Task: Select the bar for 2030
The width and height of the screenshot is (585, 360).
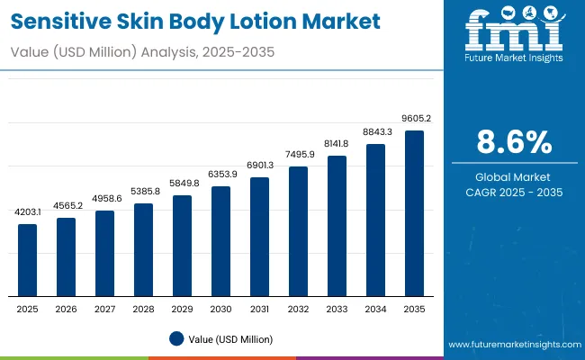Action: [x=220, y=241]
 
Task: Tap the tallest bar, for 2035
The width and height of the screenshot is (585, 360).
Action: [x=414, y=213]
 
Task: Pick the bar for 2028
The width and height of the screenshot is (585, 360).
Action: [x=144, y=250]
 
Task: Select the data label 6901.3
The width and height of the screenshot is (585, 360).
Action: [x=260, y=166]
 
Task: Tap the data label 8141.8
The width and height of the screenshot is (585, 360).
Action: [x=337, y=144]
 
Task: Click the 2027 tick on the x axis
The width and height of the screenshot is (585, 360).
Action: [x=105, y=310]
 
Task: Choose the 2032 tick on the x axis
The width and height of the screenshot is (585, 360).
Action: [x=298, y=310]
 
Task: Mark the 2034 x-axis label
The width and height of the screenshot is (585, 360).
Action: [x=375, y=310]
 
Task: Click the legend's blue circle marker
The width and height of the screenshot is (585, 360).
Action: [x=176, y=338]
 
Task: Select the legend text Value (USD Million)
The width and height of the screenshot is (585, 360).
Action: [x=230, y=338]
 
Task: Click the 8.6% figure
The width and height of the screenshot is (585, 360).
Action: [x=513, y=143]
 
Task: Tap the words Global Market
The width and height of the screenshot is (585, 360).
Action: [x=513, y=176]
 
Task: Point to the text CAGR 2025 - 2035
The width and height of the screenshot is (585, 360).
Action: [x=513, y=192]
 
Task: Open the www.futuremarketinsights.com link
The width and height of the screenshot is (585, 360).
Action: [x=510, y=345]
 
